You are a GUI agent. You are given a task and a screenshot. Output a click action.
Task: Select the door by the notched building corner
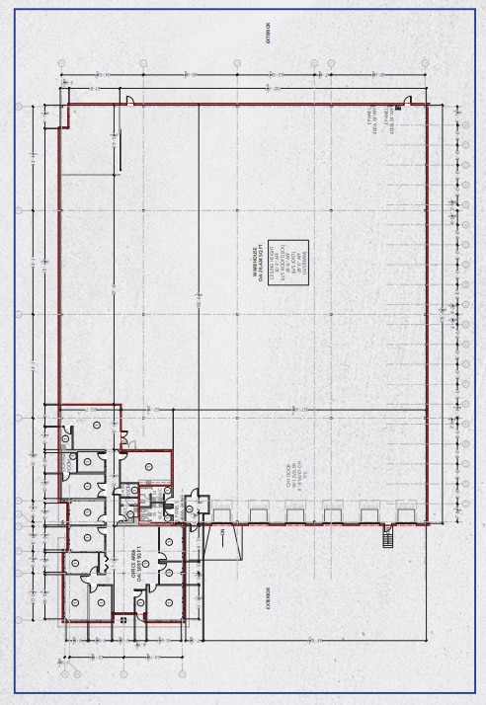click(130, 100)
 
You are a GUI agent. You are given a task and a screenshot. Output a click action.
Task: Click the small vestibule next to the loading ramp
click(196, 505)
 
